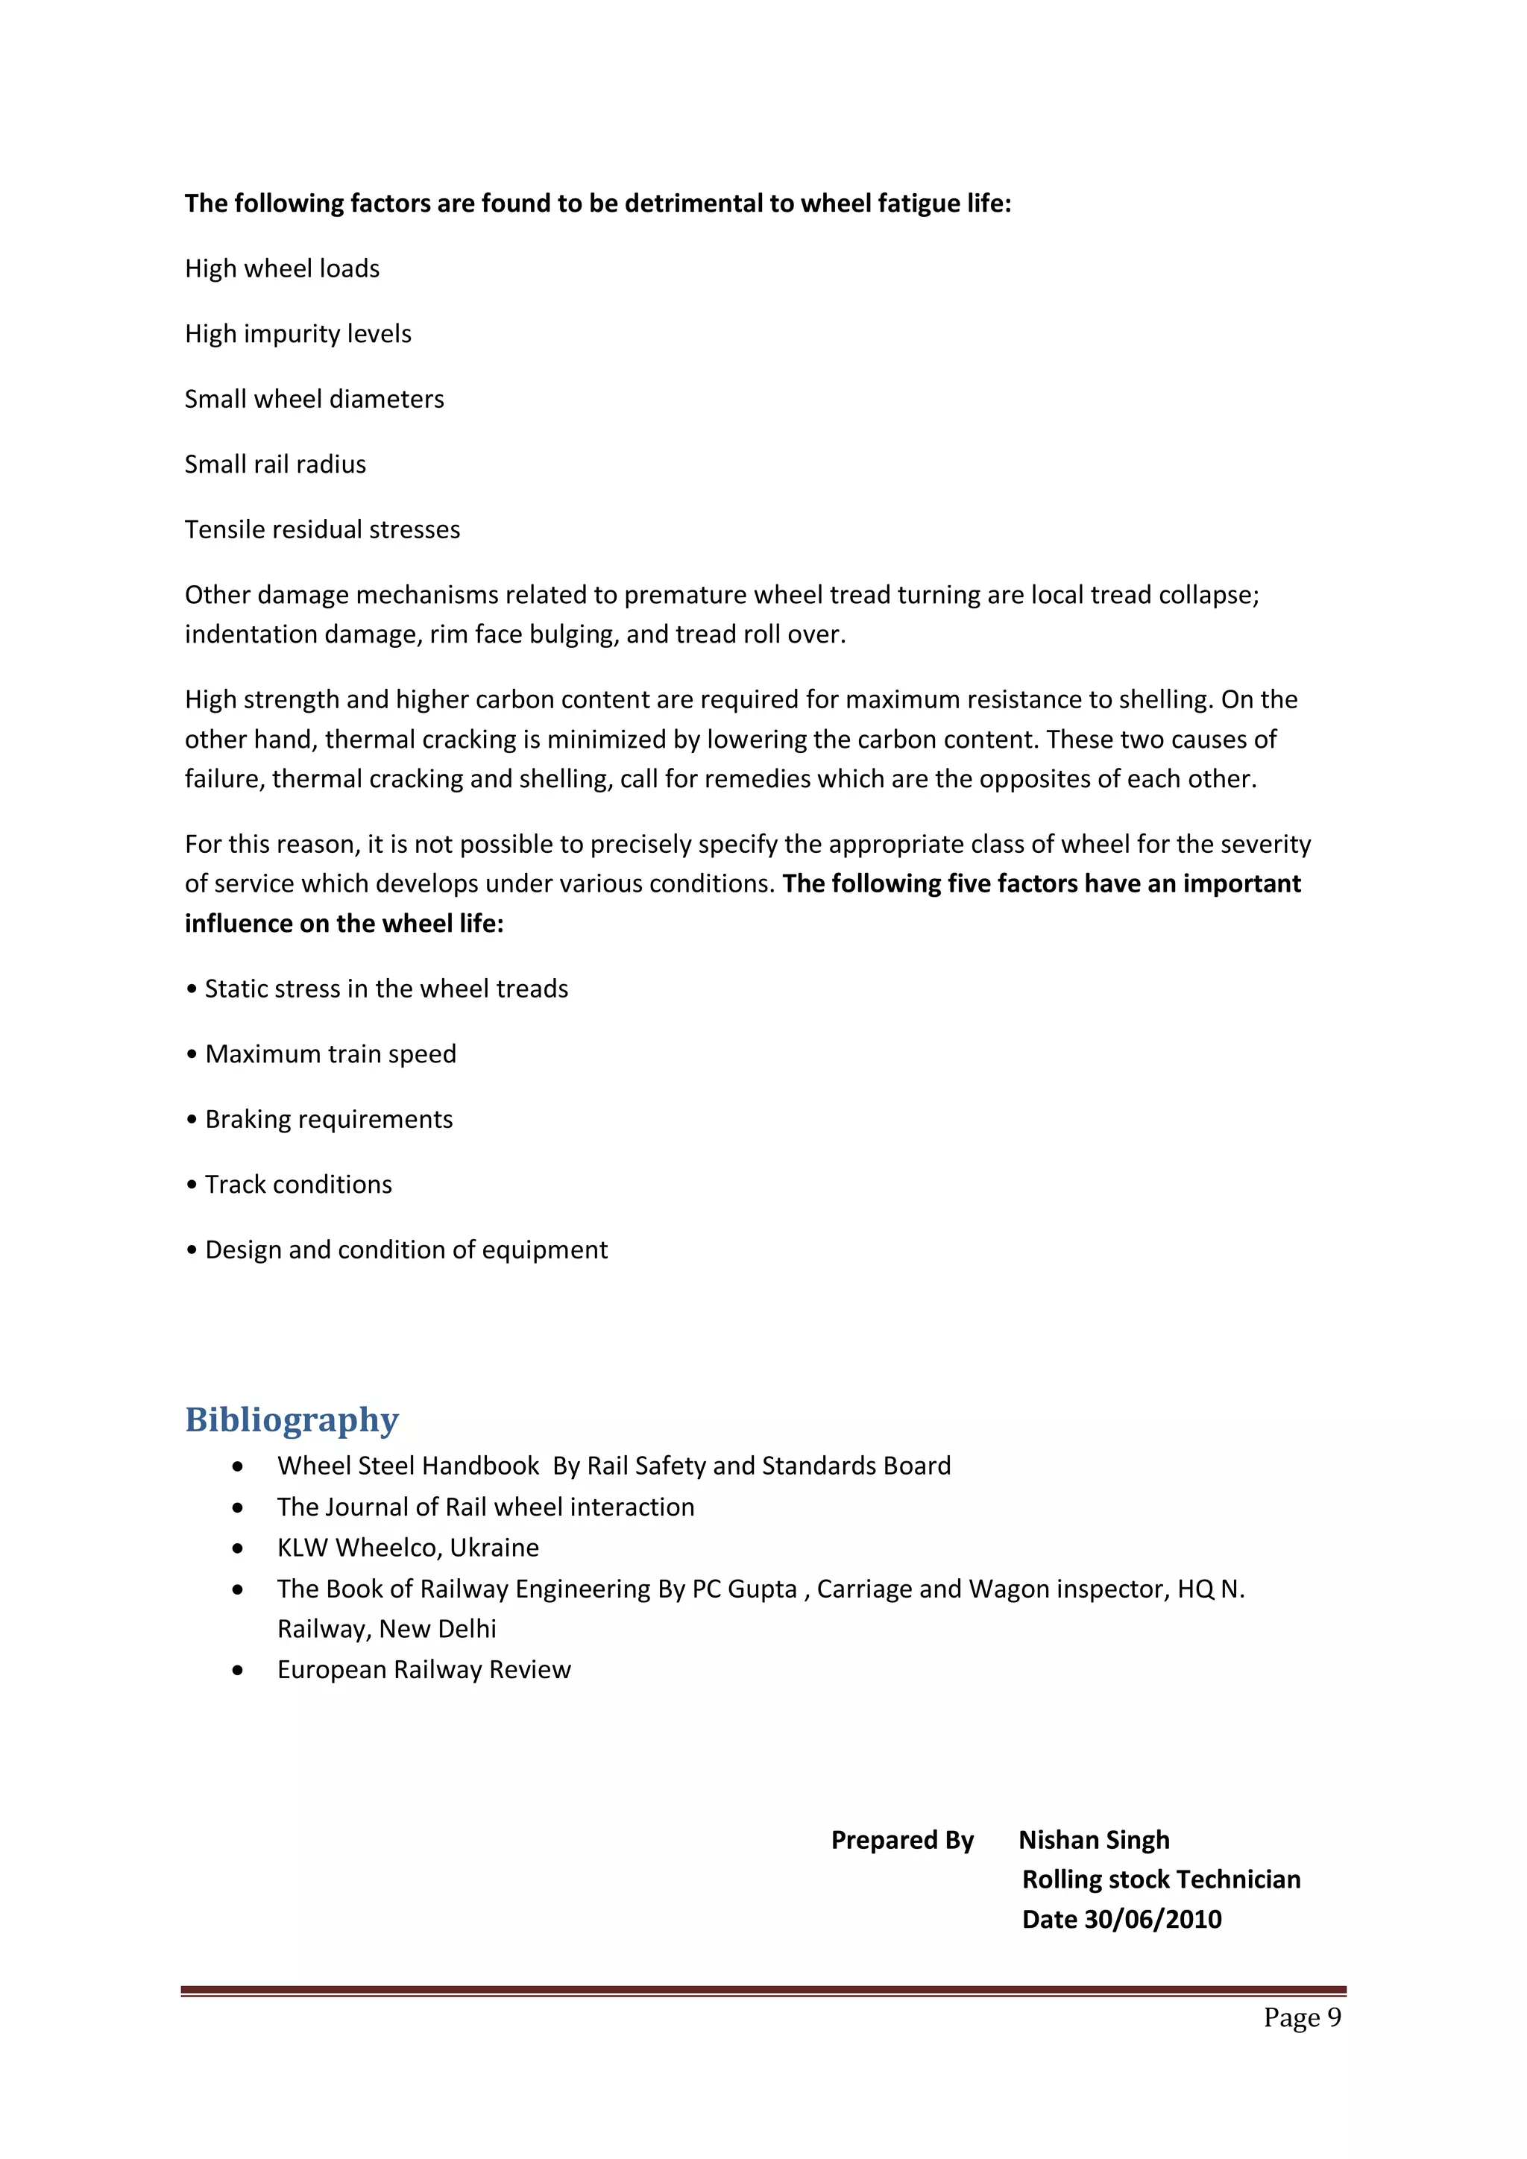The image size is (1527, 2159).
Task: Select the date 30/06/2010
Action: point(1153,1919)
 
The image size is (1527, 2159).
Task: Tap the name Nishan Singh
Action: point(1094,1839)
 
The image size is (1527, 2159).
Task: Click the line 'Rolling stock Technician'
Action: point(1161,1879)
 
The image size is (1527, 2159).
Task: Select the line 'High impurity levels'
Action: point(298,334)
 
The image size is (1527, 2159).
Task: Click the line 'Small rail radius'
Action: point(275,464)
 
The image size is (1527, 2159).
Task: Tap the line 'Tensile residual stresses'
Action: point(323,529)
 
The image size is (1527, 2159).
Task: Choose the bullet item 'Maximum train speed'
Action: point(330,1054)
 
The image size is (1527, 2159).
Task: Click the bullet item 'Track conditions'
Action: point(298,1185)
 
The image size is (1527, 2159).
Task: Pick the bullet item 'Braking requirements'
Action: point(328,1119)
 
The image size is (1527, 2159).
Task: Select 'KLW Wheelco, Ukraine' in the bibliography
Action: point(408,1548)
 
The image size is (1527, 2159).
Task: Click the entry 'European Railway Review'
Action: point(424,1669)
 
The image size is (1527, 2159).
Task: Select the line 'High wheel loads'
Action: point(282,269)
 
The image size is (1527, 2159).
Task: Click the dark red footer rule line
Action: point(763,1990)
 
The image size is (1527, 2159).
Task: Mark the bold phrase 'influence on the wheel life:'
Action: point(344,924)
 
